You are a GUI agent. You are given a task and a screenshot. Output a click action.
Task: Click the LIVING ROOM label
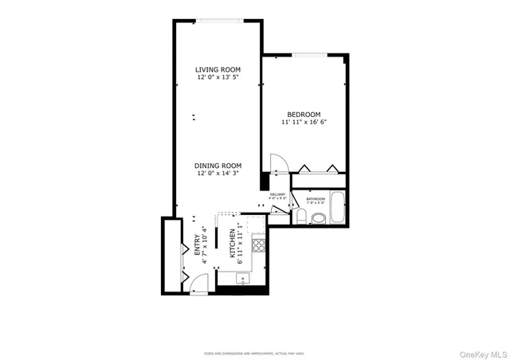coord(218,70)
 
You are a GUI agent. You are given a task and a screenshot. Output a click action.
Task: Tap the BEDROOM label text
coord(304,114)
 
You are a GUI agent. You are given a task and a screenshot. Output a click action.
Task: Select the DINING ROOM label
coord(218,166)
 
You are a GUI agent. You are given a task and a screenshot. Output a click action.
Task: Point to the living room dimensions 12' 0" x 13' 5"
coord(218,78)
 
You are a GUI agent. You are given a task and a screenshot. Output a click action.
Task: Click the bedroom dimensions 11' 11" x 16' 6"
coord(304,123)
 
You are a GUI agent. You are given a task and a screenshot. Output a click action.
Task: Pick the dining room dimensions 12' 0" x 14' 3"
coord(218,174)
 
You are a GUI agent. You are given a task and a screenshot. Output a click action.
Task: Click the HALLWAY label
coord(277,194)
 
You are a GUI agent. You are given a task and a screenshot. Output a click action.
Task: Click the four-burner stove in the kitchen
coord(258,245)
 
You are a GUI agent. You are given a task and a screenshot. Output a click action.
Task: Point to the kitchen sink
coord(243,279)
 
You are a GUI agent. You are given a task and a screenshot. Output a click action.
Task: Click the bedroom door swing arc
coord(277,162)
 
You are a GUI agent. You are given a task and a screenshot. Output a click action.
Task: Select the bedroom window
coord(306,55)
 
